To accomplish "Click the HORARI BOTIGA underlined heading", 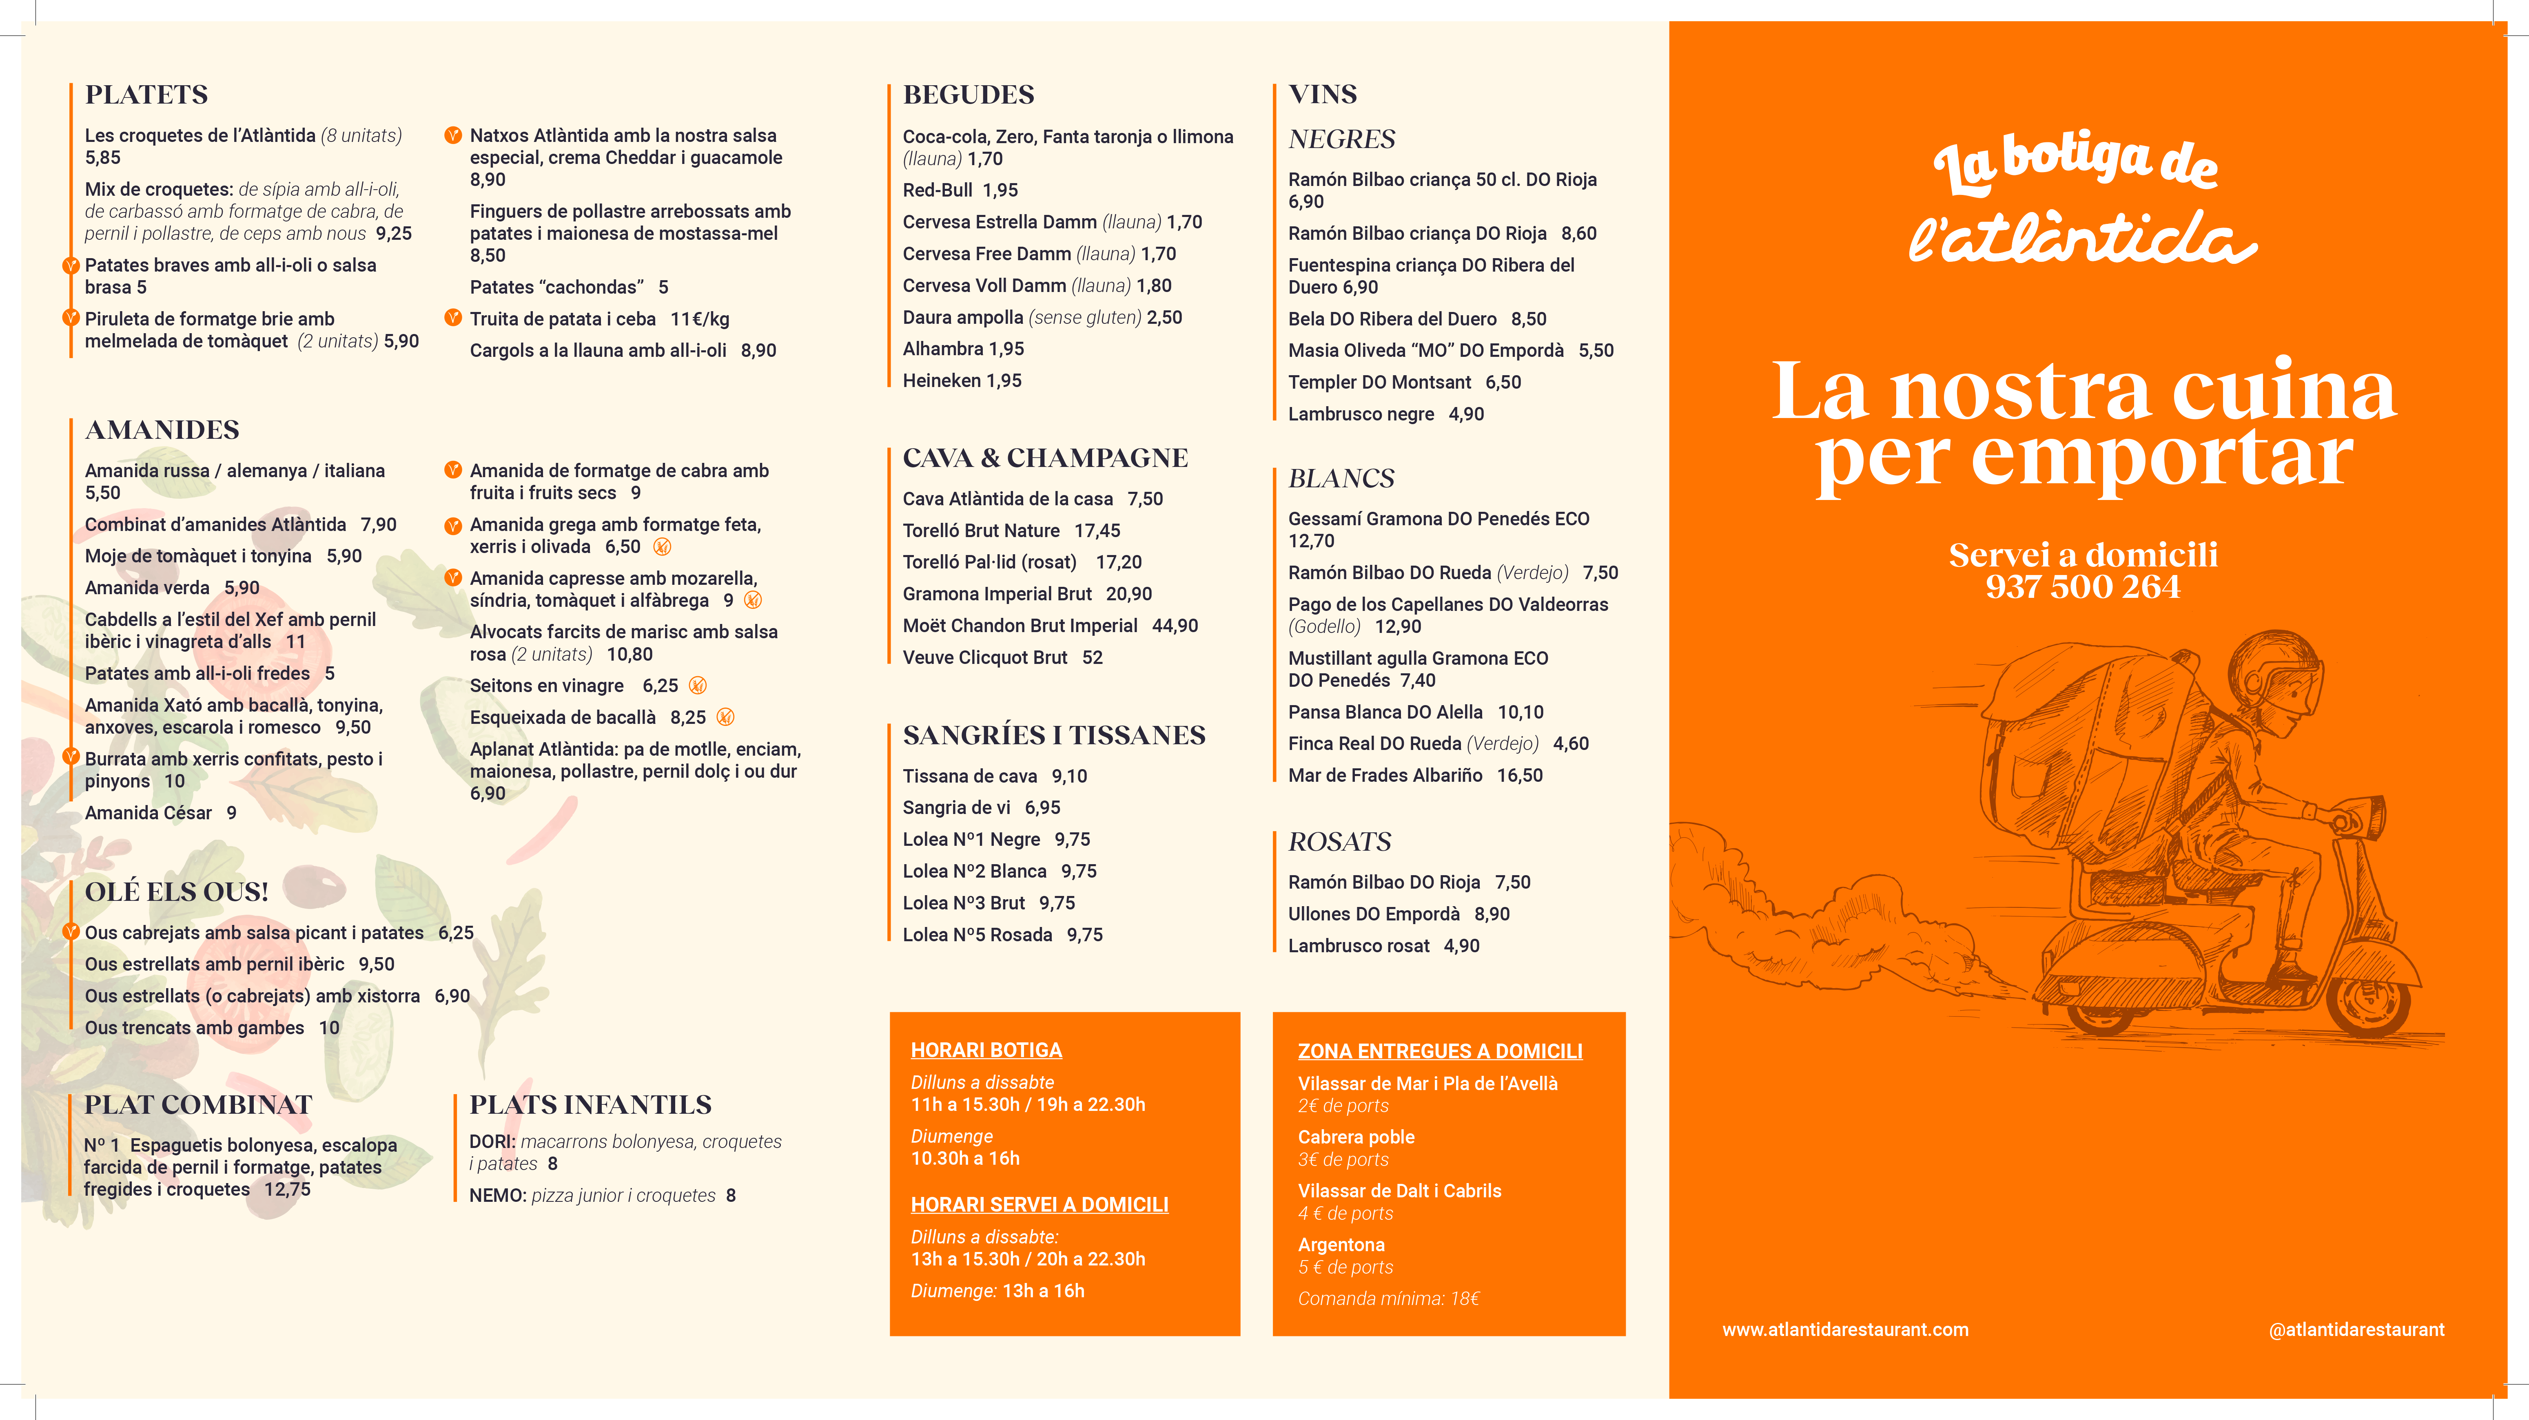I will coord(986,1050).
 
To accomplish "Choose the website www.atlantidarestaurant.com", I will coord(1845,1330).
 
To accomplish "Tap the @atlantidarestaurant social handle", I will coord(2356,1330).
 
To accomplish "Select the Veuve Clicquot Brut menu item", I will coord(985,657).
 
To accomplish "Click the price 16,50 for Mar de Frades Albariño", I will coord(1520,775).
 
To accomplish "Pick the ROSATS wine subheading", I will coord(1339,842).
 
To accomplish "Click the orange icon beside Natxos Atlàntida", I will coord(452,135).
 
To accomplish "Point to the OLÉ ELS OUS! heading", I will coord(177,892).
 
